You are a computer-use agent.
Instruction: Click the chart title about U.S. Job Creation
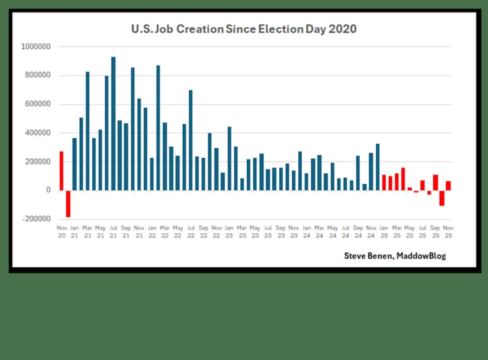(244, 29)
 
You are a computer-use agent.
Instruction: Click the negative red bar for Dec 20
(68, 203)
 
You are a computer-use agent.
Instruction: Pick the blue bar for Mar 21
(87, 131)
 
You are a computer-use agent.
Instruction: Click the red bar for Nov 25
(448, 185)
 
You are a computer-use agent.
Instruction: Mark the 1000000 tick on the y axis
(36, 47)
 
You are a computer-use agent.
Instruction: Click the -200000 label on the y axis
(36, 219)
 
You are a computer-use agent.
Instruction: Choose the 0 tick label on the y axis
(48, 190)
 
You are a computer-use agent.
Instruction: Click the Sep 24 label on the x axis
(358, 232)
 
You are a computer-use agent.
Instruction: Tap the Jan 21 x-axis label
(74, 232)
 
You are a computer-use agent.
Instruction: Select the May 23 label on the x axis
(255, 232)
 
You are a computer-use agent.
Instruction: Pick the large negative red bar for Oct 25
(442, 198)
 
